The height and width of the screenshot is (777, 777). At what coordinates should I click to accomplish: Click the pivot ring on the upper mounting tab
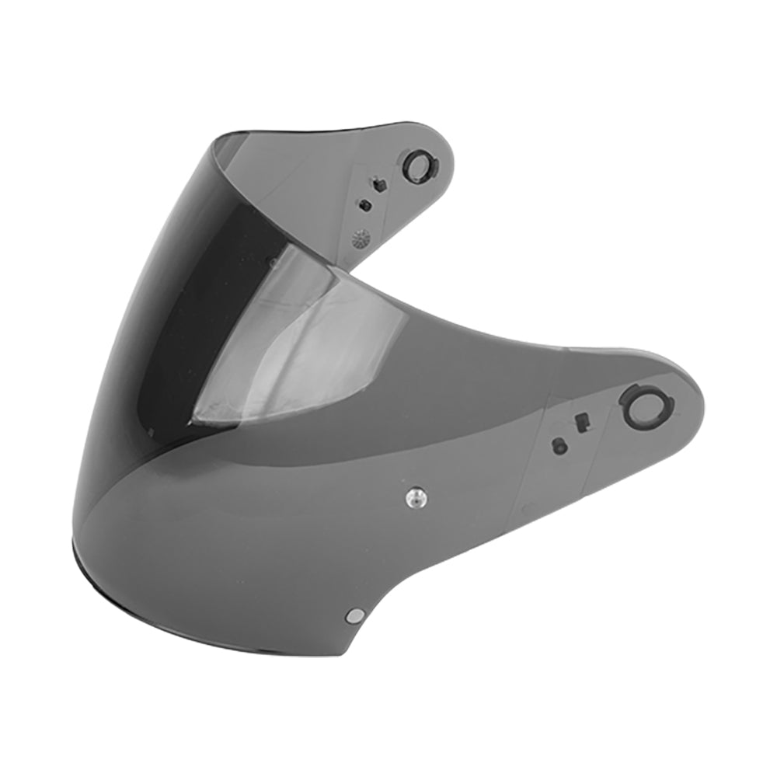[x=418, y=166]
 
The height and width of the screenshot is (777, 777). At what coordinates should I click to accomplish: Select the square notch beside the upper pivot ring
[x=379, y=185]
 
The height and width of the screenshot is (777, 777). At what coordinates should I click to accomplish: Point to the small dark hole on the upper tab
[x=365, y=206]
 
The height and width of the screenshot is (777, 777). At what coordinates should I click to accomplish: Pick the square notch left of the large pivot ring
[x=580, y=422]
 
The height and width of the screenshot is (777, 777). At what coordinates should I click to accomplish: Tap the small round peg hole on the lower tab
[x=557, y=445]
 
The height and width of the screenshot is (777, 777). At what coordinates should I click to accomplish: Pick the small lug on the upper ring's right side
[x=433, y=165]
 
